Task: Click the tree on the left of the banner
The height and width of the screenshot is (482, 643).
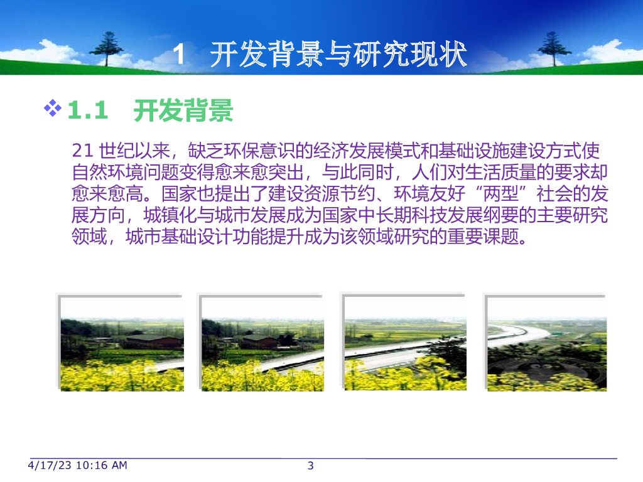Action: (107, 48)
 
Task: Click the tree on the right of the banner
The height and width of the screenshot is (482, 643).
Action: (554, 48)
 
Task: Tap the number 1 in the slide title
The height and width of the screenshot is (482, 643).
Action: (179, 55)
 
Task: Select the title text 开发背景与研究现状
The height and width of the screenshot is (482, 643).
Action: (338, 54)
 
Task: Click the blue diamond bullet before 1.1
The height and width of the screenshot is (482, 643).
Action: (53, 108)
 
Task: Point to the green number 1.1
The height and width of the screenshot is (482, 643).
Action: (87, 110)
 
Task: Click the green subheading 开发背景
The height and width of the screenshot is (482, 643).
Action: (183, 110)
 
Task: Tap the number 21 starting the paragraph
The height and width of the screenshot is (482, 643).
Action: (82, 151)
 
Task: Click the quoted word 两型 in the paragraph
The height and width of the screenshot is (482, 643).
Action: (500, 193)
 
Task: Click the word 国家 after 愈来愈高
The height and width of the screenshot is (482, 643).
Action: (179, 193)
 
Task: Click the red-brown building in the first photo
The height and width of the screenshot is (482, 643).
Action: (154, 342)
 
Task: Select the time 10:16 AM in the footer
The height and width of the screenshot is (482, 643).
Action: (102, 466)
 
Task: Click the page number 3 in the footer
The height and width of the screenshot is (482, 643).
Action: (310, 466)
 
